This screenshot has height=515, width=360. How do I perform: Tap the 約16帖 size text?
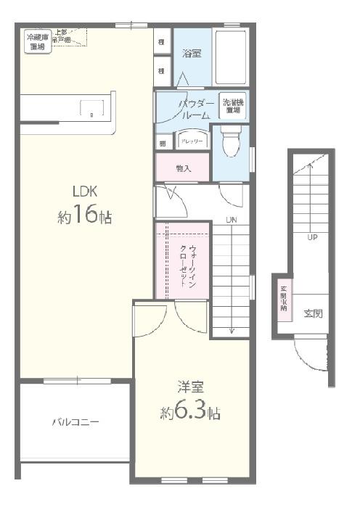tap(84, 216)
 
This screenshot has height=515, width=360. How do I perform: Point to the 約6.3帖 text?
tap(190, 413)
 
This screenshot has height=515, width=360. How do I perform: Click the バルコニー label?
tap(75, 421)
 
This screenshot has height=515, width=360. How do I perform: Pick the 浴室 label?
tap(192, 53)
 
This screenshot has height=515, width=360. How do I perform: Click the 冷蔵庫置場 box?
tap(36, 41)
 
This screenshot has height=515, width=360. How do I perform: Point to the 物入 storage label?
tap(183, 168)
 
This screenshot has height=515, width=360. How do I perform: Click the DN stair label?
tap(232, 221)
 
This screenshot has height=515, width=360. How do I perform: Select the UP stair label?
tap(312, 237)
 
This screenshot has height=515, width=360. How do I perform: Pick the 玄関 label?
tap(313, 313)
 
